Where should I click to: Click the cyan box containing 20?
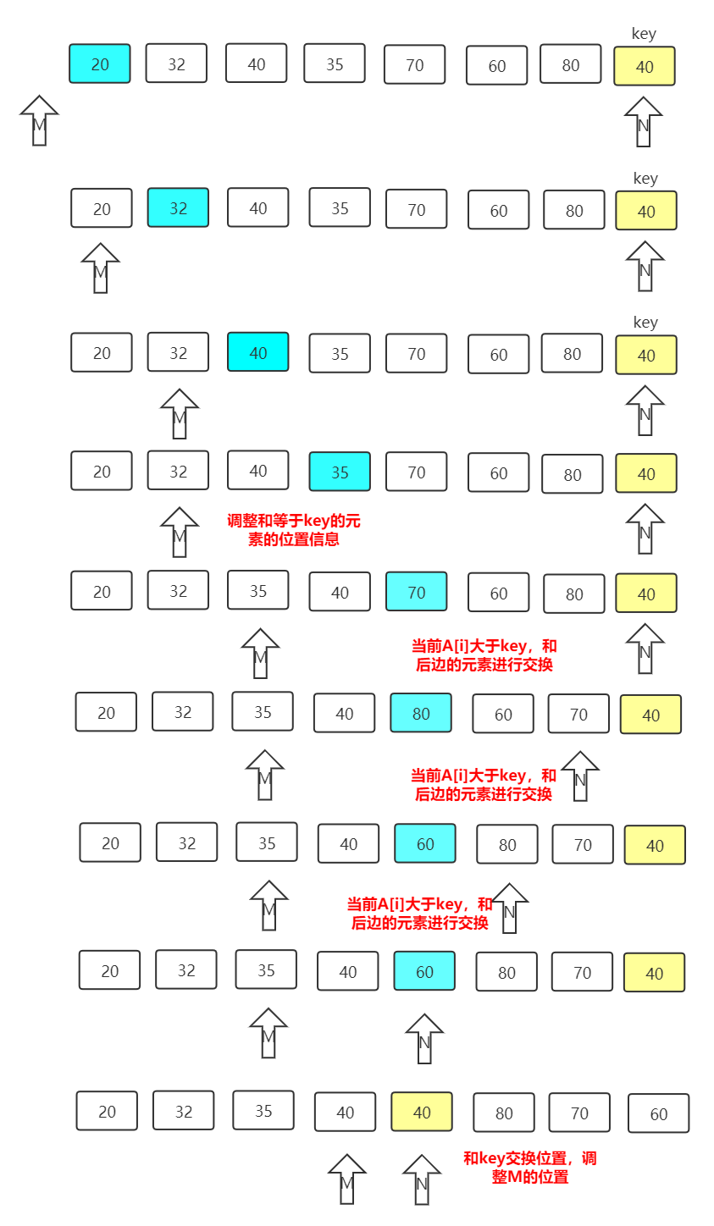(x=100, y=64)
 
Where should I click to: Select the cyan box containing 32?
(x=178, y=208)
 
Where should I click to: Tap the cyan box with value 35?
(x=340, y=472)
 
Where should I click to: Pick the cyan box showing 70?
(x=416, y=592)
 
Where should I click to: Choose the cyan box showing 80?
(x=421, y=713)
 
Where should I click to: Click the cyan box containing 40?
(x=258, y=352)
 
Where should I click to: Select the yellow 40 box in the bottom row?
(x=422, y=1112)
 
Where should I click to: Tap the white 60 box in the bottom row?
(x=658, y=1113)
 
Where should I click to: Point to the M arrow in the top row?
(x=39, y=121)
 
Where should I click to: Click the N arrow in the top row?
(x=643, y=122)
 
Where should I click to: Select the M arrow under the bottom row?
(x=346, y=1179)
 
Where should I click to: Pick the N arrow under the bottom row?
(x=421, y=1179)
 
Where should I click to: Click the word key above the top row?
(x=644, y=34)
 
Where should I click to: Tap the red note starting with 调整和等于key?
(x=294, y=530)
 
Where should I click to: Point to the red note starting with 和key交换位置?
(x=530, y=1168)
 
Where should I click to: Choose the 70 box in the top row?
(x=415, y=65)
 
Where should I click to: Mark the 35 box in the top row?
(x=335, y=64)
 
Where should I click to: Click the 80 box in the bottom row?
(x=504, y=1113)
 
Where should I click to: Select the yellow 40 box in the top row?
(x=645, y=66)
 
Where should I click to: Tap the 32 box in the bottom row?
(x=184, y=1111)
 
